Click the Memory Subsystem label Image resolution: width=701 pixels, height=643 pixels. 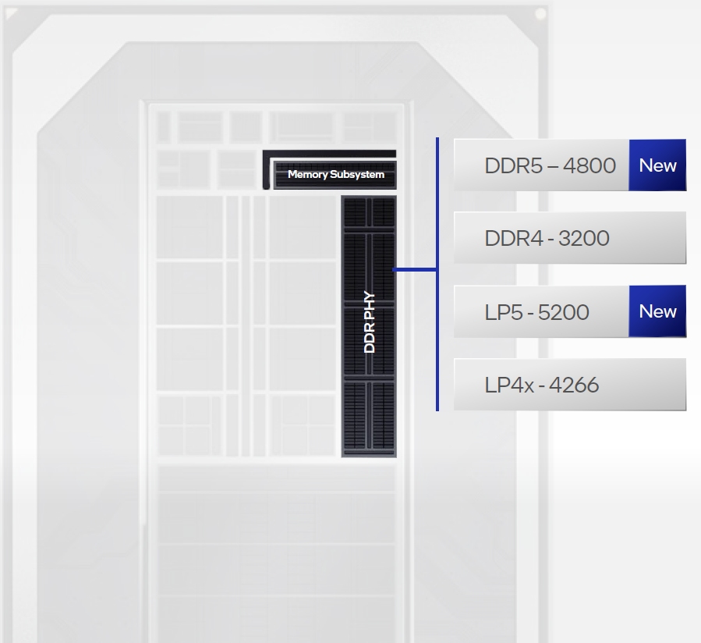tap(336, 175)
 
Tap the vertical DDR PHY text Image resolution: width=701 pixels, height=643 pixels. tap(370, 322)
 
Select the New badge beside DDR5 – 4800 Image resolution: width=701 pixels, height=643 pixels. tap(657, 165)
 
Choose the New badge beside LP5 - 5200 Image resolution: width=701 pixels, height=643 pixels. tap(657, 311)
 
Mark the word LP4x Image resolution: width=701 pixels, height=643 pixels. tap(508, 385)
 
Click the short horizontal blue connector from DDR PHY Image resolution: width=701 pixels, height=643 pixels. tap(414, 270)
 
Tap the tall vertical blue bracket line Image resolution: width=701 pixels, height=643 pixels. tap(437, 274)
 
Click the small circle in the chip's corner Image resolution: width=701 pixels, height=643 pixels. tap(540, 14)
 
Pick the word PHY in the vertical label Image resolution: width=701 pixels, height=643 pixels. tap(370, 305)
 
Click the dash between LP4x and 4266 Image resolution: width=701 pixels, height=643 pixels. tap(540, 385)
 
